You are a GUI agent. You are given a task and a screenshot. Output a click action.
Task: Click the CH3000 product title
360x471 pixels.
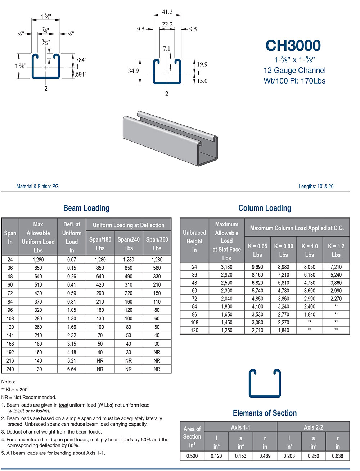click(293, 46)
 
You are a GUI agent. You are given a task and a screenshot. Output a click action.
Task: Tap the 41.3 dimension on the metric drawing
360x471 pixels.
click(167, 12)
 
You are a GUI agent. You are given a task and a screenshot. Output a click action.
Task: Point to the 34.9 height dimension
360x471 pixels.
click(133, 71)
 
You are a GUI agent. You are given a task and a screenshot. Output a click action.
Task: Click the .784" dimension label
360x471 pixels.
click(81, 60)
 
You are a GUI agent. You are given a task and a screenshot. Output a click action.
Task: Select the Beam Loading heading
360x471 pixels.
click(86, 208)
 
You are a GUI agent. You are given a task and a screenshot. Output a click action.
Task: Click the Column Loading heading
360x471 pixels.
click(265, 208)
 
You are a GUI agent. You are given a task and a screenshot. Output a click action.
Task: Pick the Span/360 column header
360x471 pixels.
click(157, 243)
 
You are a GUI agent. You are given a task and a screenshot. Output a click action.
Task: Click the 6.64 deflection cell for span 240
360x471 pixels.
click(72, 369)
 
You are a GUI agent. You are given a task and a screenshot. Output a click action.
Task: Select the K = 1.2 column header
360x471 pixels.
click(336, 250)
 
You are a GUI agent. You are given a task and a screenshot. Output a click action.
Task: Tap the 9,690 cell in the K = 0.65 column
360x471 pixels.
click(257, 267)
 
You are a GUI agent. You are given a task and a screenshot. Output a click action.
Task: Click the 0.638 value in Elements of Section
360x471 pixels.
click(337, 456)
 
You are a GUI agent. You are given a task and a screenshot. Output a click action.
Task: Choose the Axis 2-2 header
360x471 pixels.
click(313, 427)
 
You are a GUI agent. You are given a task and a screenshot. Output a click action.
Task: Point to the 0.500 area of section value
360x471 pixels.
click(192, 456)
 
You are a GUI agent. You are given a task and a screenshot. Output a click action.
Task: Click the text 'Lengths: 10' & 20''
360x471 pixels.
click(316, 186)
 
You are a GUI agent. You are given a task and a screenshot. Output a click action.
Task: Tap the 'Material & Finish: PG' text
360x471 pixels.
click(37, 186)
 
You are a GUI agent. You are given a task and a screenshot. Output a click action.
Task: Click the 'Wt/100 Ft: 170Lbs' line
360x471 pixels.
click(294, 81)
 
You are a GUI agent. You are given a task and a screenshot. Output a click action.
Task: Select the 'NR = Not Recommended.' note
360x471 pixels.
click(29, 397)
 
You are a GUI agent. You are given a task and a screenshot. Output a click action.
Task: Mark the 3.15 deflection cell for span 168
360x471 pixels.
click(72, 344)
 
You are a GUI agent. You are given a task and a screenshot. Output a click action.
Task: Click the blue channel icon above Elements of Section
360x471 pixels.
click(265, 383)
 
